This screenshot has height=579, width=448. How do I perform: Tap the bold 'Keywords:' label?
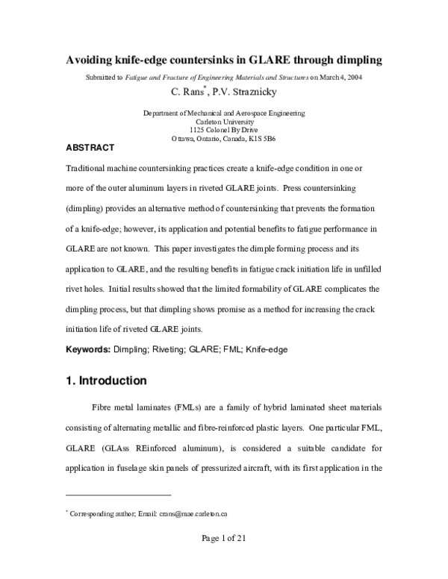[89, 349]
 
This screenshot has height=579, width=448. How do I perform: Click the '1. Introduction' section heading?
[107, 381]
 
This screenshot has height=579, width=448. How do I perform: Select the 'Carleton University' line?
[223, 121]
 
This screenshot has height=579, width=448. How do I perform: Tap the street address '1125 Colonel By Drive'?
[223, 130]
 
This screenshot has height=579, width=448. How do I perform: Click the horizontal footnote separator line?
[119, 495]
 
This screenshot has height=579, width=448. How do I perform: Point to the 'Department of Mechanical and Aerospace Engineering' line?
[223, 113]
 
